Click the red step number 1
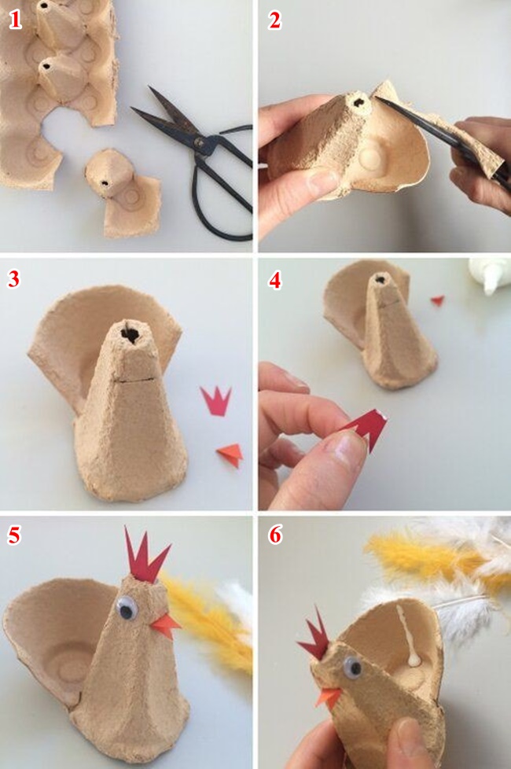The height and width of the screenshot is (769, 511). coord(15,20)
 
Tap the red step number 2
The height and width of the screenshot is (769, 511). coord(274,20)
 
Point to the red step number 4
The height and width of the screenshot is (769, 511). coord(275,280)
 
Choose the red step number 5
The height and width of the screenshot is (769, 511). coord(14,535)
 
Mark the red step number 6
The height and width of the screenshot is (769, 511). coord(275,535)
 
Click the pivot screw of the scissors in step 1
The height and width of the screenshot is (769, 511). coord(199,143)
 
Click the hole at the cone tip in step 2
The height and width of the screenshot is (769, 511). coord(359,103)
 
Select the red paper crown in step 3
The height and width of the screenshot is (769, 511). coord(215,400)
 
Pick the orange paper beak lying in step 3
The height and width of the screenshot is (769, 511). coord(230,454)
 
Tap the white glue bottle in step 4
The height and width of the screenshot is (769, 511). coord(487,274)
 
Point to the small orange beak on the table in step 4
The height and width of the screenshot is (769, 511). coord(437,300)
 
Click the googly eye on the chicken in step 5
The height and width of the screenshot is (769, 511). coord(127,608)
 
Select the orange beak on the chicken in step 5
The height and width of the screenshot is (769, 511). coord(165,625)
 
